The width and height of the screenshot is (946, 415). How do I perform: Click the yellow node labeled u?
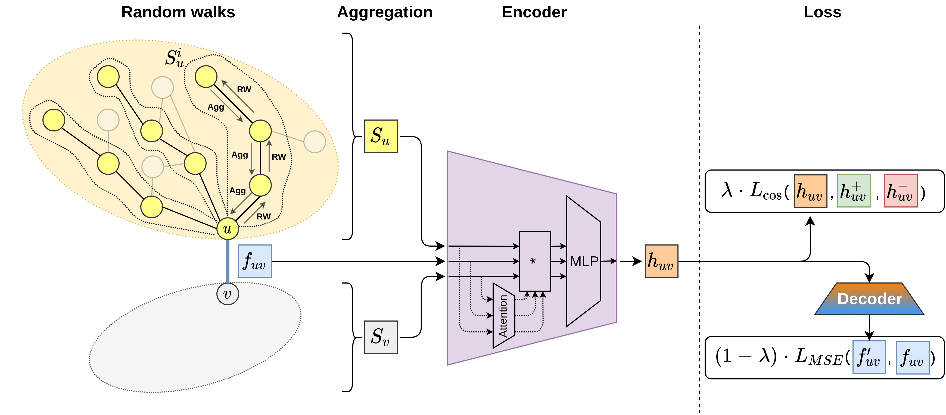pos(228,229)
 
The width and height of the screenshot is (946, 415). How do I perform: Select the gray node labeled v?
pos(228,294)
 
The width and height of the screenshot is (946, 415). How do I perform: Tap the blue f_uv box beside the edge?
pos(255,261)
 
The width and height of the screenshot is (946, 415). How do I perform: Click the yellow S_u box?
pos(381,136)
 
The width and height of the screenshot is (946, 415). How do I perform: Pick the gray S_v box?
pos(381,337)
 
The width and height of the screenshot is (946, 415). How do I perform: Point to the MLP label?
pos(584,262)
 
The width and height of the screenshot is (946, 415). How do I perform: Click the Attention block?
pos(503,316)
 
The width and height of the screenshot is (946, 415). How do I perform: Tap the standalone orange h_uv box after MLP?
pos(661,261)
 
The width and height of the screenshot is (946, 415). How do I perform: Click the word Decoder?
pos(870,299)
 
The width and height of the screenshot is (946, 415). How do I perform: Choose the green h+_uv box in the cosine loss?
pos(854,191)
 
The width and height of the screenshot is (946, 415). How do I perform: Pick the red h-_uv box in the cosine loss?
pos(900,191)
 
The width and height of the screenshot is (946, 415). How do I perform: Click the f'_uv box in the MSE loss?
pos(869,357)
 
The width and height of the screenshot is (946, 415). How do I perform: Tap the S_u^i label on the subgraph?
pos(175,58)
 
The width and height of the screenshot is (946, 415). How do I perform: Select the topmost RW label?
pos(244,90)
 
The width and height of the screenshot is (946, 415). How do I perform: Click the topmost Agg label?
pos(216,107)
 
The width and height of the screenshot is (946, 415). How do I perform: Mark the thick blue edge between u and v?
pos(228,261)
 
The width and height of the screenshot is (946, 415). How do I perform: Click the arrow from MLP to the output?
pos(608,261)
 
